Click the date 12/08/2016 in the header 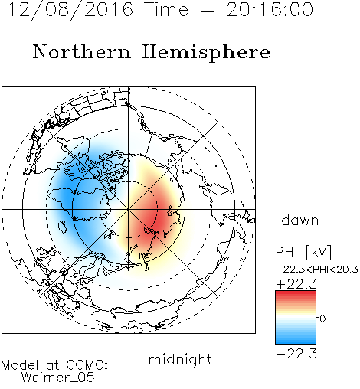(x=70, y=10)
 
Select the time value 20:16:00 (x=270, y=9)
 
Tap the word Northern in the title (x=82, y=51)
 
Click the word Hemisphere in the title (x=206, y=53)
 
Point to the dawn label (x=300, y=220)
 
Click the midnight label (x=180, y=359)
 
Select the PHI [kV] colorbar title (x=303, y=252)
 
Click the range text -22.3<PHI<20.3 (x=317, y=270)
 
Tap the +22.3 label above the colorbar (x=296, y=284)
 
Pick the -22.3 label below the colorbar (x=296, y=354)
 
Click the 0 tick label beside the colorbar (x=322, y=319)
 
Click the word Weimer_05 (x=58, y=378)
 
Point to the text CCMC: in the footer (x=87, y=365)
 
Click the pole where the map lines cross (x=129, y=209)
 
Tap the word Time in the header (x=166, y=9)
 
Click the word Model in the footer (x=20, y=365)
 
